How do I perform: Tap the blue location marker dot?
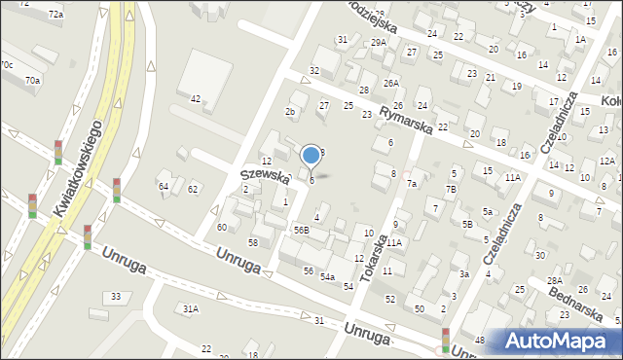click(x=311, y=155)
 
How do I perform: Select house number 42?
click(x=196, y=99)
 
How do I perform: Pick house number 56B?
click(x=302, y=231)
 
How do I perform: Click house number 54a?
click(x=328, y=277)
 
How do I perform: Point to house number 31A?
click(x=191, y=308)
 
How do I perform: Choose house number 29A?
click(x=379, y=43)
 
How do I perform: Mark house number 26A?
click(x=391, y=84)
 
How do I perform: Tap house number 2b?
click(x=290, y=112)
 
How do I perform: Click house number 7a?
click(x=412, y=184)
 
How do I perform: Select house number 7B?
click(x=451, y=189)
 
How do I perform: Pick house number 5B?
click(x=467, y=225)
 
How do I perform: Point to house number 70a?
click(x=33, y=80)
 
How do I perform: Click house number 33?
click(x=117, y=296)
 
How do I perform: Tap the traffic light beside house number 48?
click(x=446, y=340)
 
